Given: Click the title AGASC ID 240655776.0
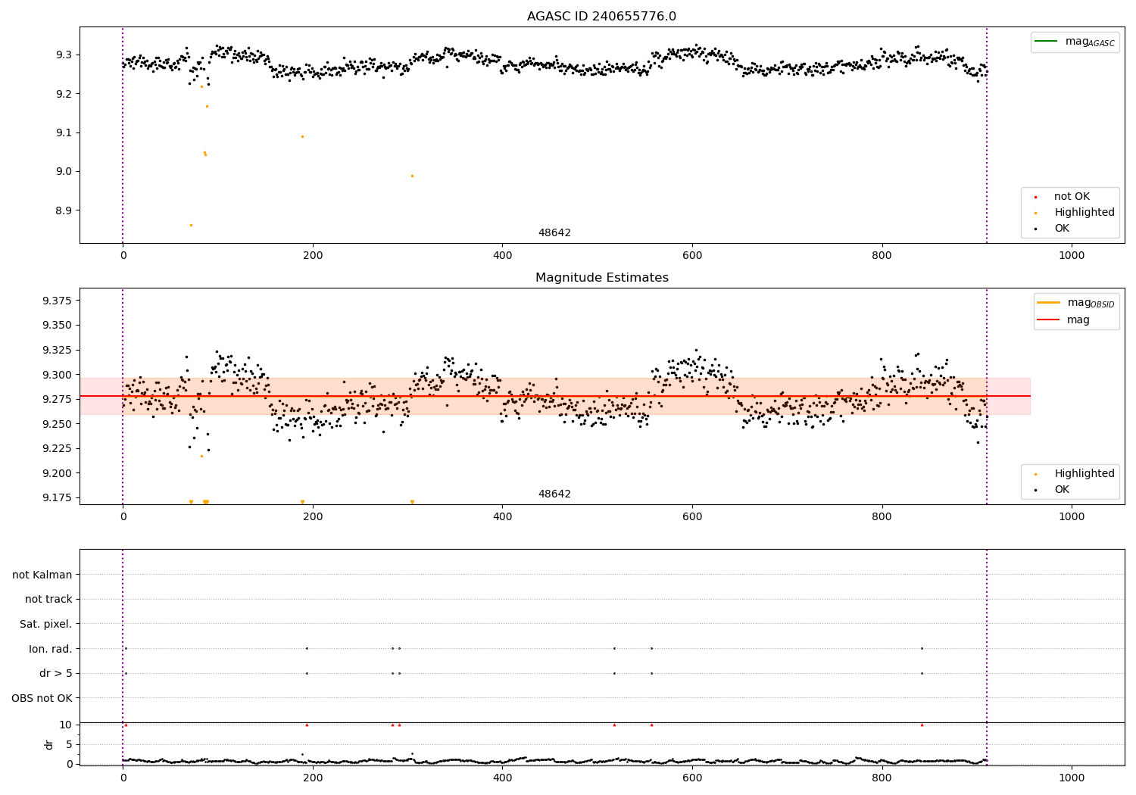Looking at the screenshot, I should coord(601,17).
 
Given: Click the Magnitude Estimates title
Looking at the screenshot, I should coord(601,278).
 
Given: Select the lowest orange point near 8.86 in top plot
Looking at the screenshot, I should coord(191,225).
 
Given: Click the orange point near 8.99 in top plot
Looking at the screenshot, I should coord(412,176).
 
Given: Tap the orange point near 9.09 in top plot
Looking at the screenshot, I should coord(302,136).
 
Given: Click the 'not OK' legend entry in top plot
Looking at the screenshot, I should coord(1071,197).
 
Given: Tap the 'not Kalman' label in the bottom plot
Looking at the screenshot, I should coord(42,575).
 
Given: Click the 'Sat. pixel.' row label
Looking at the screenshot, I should coord(45,624).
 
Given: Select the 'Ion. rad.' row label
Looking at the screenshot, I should coord(51,649).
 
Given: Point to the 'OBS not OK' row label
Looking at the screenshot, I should coord(42,698).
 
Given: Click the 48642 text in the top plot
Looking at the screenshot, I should coord(554,233).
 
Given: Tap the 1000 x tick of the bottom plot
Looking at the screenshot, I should coord(1072,778).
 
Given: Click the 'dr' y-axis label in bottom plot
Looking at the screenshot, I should coord(49,744).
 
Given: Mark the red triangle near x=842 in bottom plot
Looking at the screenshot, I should coord(922,725).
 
